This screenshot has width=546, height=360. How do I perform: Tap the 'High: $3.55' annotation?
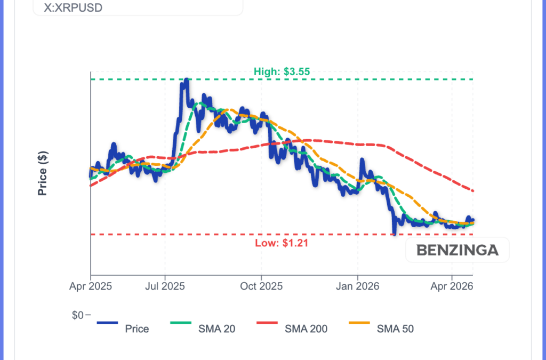tap(282, 71)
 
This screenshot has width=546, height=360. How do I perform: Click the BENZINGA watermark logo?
tap(457, 250)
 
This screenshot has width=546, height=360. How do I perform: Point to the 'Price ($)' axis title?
tap(43, 173)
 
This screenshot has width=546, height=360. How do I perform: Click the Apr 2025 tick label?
tap(91, 286)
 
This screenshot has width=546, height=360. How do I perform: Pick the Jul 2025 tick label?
tap(165, 286)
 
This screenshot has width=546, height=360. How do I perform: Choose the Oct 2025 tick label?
tap(261, 286)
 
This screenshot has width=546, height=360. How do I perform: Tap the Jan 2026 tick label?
tap(357, 286)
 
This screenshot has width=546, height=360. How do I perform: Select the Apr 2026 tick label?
tap(452, 286)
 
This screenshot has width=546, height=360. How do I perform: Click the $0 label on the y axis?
tap(78, 315)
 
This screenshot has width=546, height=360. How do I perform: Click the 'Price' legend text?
tap(137, 329)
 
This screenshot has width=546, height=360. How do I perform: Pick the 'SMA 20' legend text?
tap(216, 329)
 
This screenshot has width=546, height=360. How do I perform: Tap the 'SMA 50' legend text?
tap(395, 329)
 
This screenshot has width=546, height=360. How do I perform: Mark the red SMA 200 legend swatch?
tap(274, 322)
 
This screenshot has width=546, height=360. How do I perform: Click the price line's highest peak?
tap(186, 80)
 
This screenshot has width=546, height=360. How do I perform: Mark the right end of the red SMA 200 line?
tap(473, 191)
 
